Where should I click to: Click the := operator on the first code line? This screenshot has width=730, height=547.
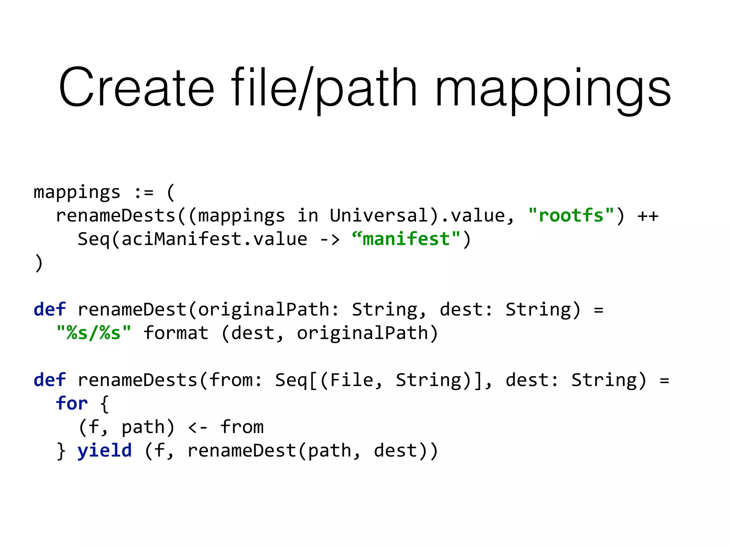144,193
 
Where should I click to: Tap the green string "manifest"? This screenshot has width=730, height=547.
406,239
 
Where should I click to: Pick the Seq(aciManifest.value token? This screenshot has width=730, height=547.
192,239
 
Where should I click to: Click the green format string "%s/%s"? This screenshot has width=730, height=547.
94,333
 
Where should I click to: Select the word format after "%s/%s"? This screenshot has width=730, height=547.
176,333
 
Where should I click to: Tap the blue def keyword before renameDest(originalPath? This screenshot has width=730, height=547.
50,309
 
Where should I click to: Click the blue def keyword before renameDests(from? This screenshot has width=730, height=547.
50,380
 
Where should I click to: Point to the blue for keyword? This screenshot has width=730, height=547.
72,403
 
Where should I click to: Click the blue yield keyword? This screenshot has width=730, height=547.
105,451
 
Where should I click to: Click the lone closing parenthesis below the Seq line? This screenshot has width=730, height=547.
39,263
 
